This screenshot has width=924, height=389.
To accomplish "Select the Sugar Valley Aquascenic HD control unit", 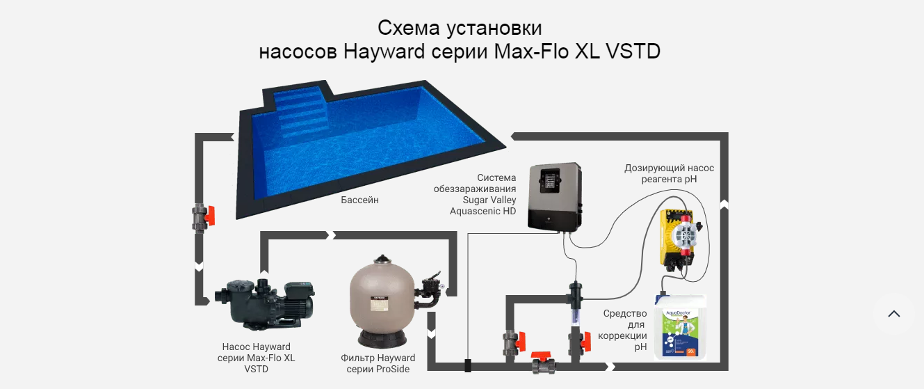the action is pos(556,196).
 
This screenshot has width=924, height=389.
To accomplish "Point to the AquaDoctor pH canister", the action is pos(680,326).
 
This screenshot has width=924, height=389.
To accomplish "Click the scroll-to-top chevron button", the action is pos(894,314).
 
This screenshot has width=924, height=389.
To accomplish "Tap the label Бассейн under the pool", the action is pos(359,200).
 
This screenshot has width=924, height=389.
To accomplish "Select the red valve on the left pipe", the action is pos(203,217).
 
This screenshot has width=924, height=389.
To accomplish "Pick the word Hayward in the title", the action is pos(384,51).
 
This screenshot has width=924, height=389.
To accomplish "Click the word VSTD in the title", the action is pos(633,51).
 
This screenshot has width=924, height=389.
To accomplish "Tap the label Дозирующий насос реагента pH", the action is pos(669,173).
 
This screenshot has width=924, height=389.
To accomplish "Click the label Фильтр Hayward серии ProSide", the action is pos(378,363).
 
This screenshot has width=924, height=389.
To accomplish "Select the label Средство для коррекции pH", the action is pos(622,330).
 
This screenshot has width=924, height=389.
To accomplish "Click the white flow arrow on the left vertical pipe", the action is pos(199,267).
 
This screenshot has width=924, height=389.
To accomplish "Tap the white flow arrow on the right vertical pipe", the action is pos(724,205).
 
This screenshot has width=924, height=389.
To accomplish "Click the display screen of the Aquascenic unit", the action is pos(551,180).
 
